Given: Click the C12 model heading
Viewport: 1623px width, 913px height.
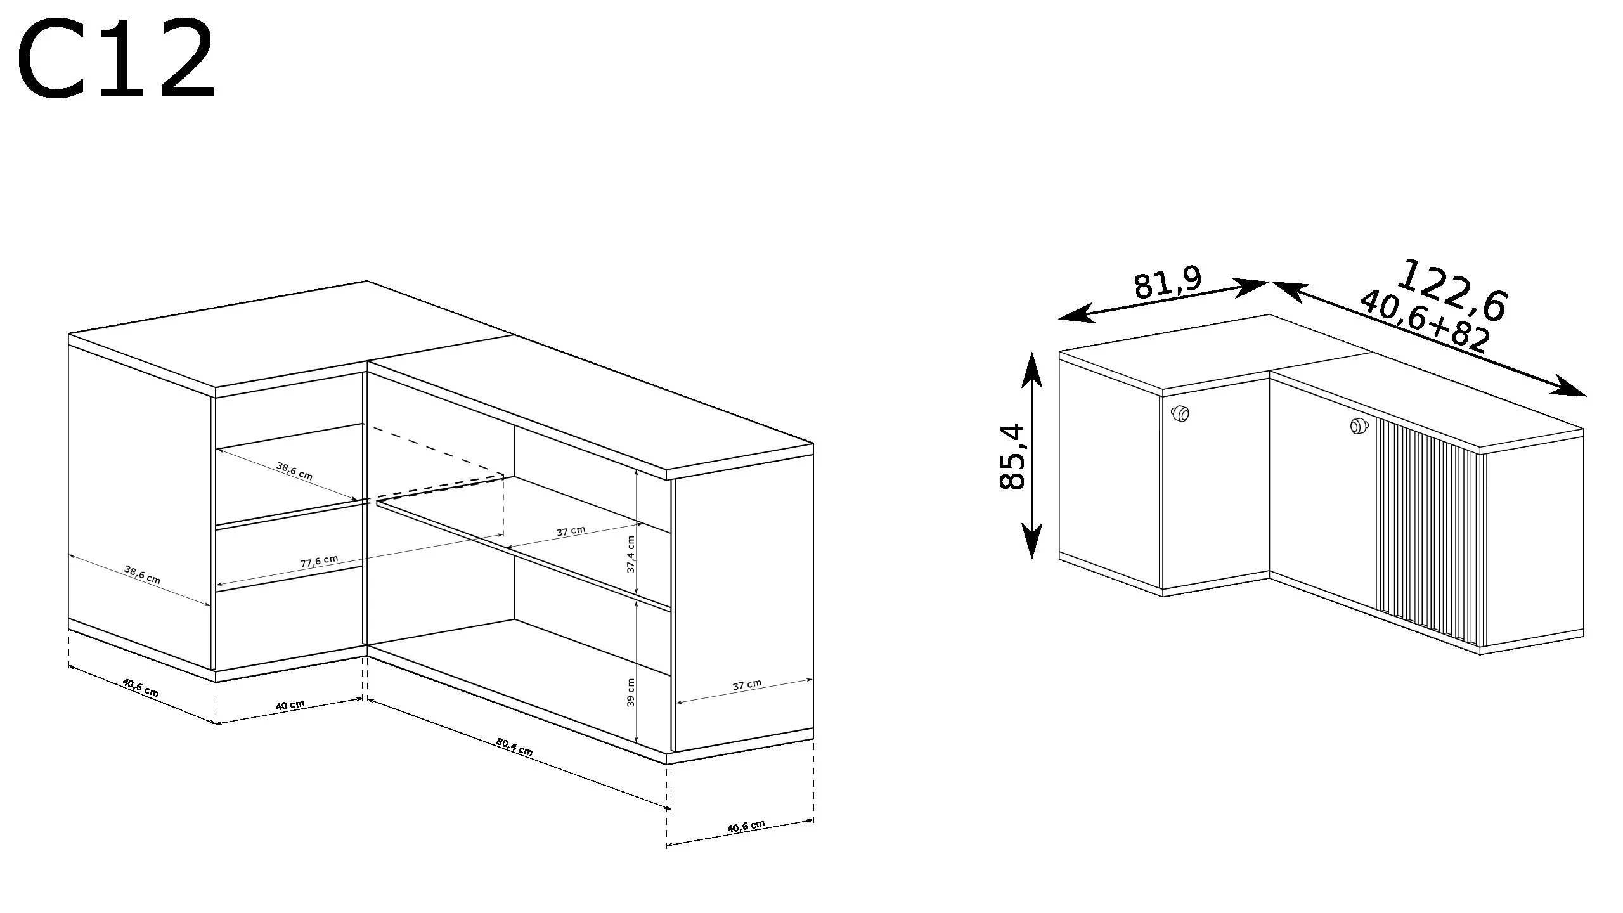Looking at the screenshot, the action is tap(116, 61).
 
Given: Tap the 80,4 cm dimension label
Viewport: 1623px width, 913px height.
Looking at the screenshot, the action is tap(514, 747).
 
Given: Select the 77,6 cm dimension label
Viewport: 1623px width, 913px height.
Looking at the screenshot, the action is tap(319, 561).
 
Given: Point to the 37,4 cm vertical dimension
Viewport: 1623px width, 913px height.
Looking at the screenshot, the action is tap(631, 554).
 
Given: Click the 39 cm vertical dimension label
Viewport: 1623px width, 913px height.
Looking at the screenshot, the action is tap(631, 692).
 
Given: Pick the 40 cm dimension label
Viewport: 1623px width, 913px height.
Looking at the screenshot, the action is tap(290, 704).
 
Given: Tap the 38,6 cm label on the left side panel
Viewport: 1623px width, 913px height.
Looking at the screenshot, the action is tap(142, 574).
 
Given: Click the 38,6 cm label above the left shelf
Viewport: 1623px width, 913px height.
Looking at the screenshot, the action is tap(294, 470).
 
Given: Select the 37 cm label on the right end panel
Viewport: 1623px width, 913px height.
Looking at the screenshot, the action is tap(747, 685).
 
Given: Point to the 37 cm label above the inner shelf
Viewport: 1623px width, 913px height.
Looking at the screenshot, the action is tap(571, 531).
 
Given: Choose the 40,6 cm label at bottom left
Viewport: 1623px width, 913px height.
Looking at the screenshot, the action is tap(140, 687).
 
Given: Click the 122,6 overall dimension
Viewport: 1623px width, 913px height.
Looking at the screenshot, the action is tap(1452, 290).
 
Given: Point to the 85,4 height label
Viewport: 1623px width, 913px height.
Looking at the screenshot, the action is tap(1012, 456).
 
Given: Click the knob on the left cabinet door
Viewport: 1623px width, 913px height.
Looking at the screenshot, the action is tap(1179, 414).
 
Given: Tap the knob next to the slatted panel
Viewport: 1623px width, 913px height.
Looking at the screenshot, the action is tap(1357, 427).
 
